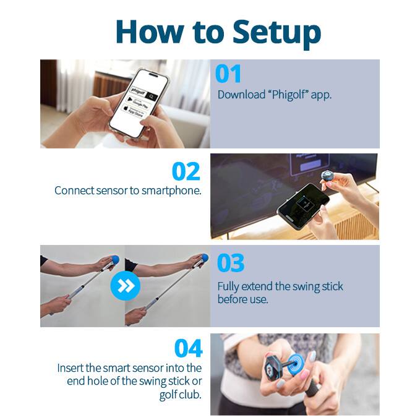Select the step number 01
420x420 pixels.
228,74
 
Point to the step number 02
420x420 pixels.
186,171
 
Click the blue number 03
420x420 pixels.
231,263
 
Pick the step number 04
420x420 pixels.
188,348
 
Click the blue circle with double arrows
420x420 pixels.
125,285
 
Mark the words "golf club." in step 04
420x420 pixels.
181,395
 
